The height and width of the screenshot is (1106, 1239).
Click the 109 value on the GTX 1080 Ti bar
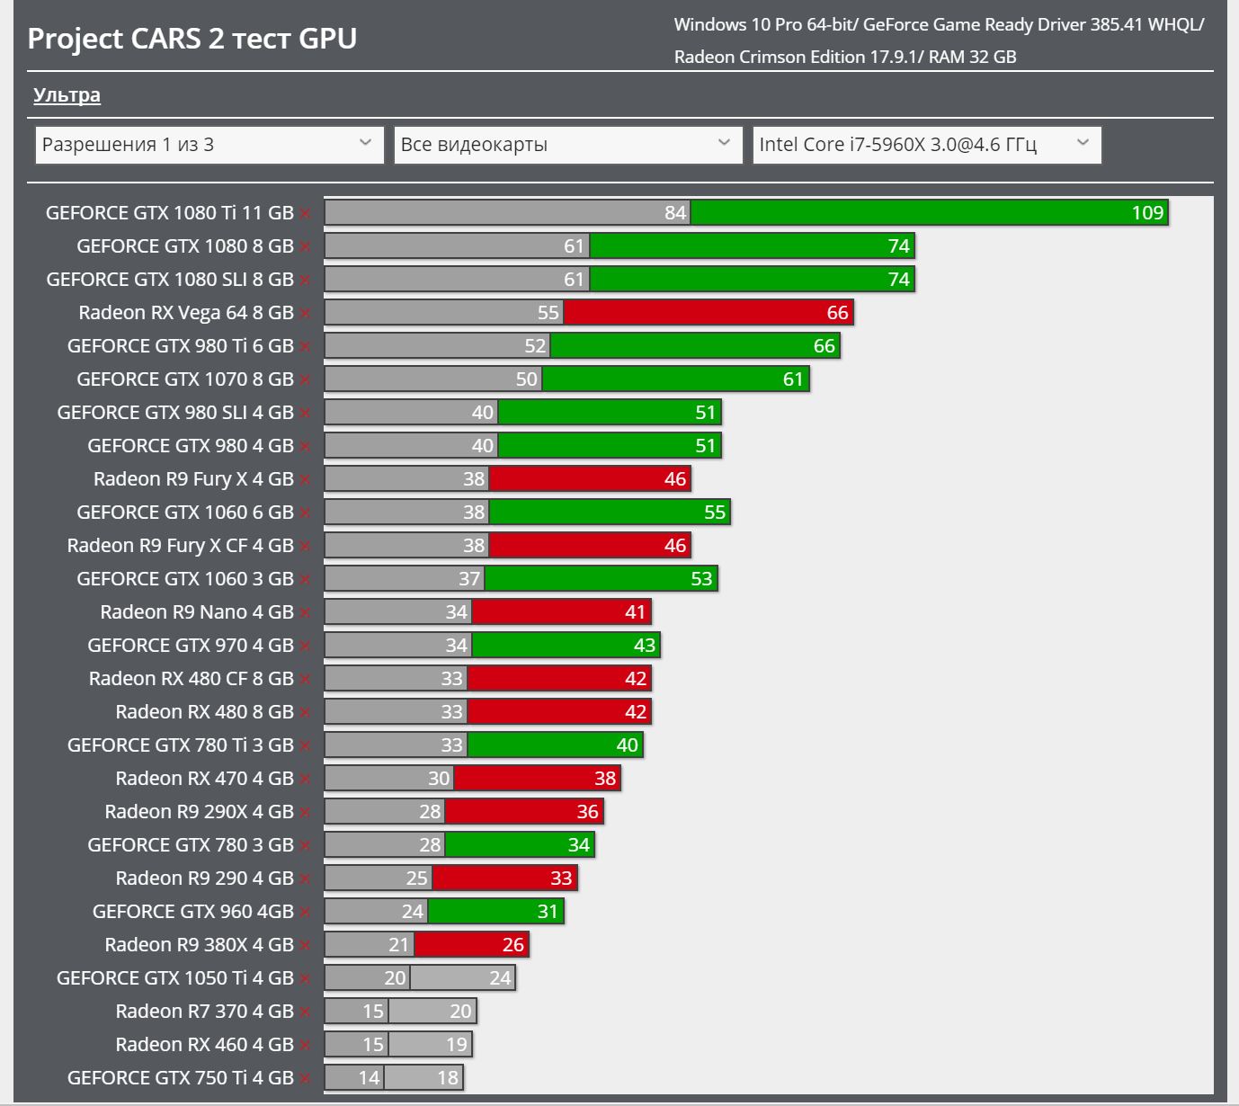coord(1147,213)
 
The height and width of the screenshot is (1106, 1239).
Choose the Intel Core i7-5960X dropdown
coord(926,145)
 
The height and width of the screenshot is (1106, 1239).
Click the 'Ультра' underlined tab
coord(67,95)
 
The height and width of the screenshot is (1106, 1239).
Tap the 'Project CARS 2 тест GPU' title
coord(192,39)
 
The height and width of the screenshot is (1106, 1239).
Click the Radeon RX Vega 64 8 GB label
coord(186,313)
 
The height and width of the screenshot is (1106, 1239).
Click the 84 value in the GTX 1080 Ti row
coord(675,213)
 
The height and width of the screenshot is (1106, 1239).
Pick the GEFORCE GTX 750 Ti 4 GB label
coord(180,1077)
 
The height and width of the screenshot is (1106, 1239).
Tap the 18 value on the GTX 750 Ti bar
coord(448,1077)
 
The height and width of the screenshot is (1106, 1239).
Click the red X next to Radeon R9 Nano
coord(306,613)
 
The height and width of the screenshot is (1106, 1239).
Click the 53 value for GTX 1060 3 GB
coord(701,579)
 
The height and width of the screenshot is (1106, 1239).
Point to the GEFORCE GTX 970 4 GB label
coord(191,646)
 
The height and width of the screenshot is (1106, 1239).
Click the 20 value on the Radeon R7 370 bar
coord(460,1012)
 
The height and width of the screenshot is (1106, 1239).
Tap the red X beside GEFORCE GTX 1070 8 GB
coord(306,380)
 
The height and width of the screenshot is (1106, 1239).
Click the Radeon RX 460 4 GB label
coord(204,1045)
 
